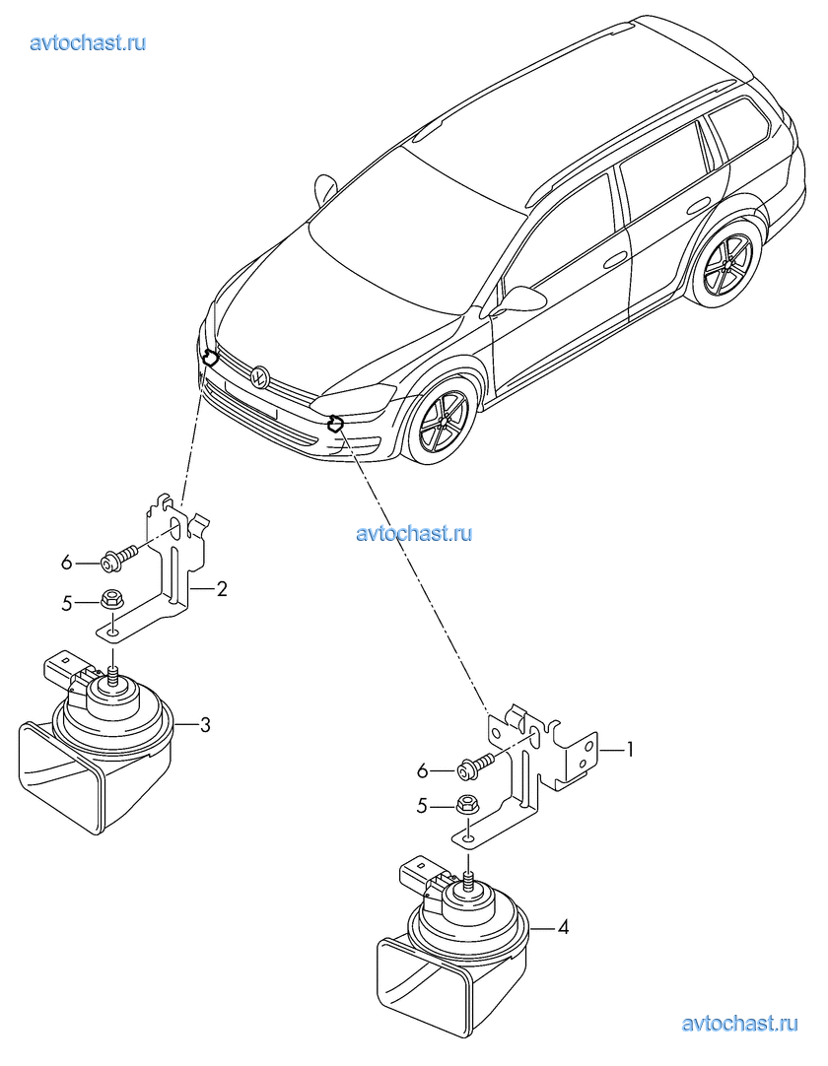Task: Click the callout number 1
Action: (629, 750)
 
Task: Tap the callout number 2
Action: (222, 589)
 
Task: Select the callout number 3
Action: (205, 725)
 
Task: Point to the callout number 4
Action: (563, 927)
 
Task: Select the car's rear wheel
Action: (727, 263)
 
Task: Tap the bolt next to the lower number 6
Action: (474, 764)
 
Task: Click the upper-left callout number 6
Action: (67, 563)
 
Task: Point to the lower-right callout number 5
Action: (422, 806)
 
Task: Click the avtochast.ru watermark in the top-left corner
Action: (89, 42)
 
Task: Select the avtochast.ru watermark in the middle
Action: (414, 533)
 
